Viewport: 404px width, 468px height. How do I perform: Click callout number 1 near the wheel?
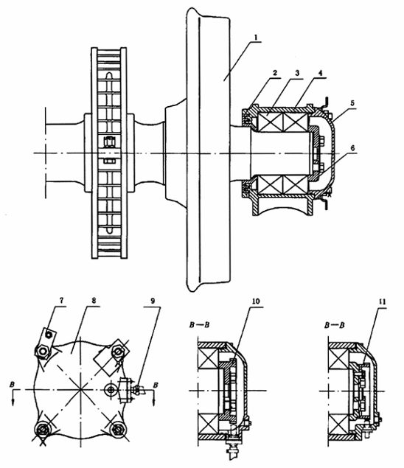(x=256, y=38)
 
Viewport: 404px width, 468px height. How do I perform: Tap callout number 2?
(x=275, y=73)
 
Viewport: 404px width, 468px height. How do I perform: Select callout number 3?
(x=297, y=73)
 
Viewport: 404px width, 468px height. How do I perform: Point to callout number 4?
(x=320, y=73)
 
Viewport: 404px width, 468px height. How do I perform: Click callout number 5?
(x=352, y=103)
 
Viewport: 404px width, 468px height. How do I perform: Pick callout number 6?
(x=352, y=148)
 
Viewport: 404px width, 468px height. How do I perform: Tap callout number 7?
(x=61, y=301)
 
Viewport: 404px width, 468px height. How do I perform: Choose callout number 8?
(x=94, y=301)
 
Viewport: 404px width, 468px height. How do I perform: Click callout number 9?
(x=153, y=301)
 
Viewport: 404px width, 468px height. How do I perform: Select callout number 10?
(x=257, y=301)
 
